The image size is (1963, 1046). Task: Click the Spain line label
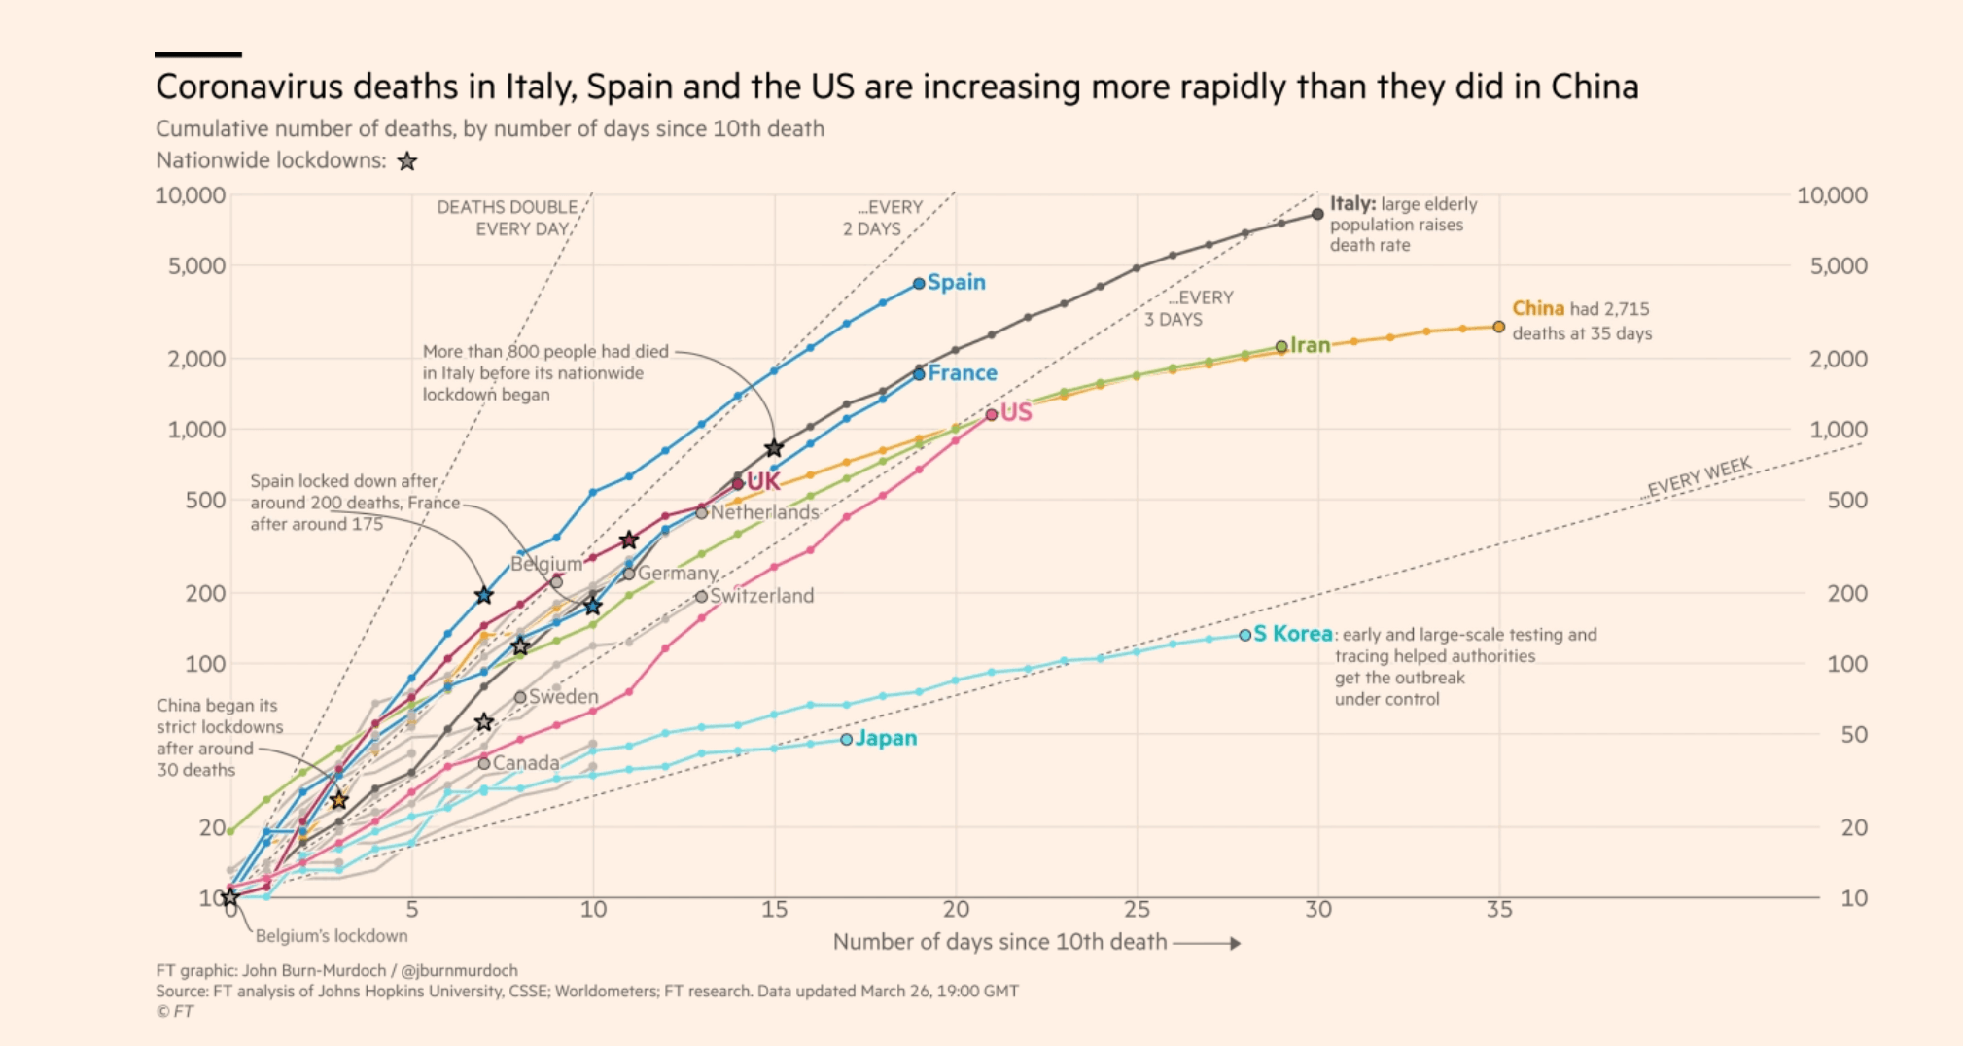pyautogui.click(x=956, y=282)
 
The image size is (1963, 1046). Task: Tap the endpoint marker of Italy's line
pyautogui.click(x=1317, y=214)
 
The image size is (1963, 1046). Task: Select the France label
pyautogui.click(x=962, y=372)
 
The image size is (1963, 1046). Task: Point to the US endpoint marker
pyautogui.click(x=992, y=414)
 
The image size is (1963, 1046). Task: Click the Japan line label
pyautogui.click(x=886, y=738)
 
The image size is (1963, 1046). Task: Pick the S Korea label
pyautogui.click(x=1292, y=634)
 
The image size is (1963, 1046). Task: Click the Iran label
pyautogui.click(x=1310, y=345)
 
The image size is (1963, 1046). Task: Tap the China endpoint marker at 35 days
pyautogui.click(x=1498, y=327)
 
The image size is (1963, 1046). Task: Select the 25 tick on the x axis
pyautogui.click(x=1137, y=910)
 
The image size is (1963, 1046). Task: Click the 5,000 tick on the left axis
pyautogui.click(x=196, y=266)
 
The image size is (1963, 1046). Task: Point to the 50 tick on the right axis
pyautogui.click(x=1853, y=735)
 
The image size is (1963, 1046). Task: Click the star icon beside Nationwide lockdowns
pyautogui.click(x=407, y=161)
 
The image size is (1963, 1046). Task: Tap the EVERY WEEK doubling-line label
pyautogui.click(x=1699, y=476)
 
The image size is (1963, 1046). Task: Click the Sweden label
pyautogui.click(x=563, y=696)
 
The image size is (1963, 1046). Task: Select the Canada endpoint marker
pyautogui.click(x=484, y=763)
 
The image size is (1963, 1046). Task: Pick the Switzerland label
pyautogui.click(x=761, y=595)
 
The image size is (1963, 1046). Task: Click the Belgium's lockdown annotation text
pyautogui.click(x=331, y=936)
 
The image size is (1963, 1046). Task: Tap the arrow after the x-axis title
pyautogui.click(x=1207, y=943)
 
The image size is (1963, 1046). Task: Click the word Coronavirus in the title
pyautogui.click(x=250, y=87)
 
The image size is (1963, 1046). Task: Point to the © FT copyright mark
pyautogui.click(x=175, y=1012)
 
